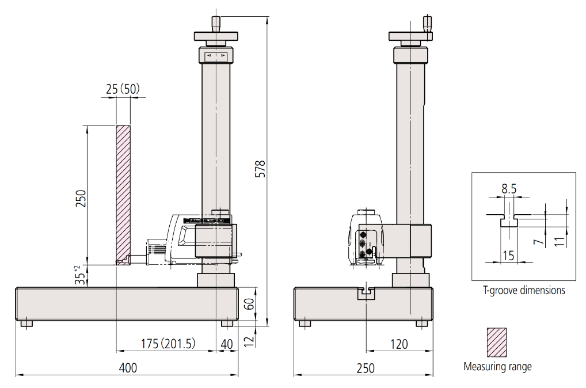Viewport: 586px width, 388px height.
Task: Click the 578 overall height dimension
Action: pos(260,169)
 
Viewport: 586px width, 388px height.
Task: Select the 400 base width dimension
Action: pos(128,368)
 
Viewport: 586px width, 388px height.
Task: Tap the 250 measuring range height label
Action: pos(81,199)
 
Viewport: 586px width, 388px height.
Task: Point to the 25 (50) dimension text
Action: pos(123,89)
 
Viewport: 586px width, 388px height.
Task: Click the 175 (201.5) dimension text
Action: pos(168,344)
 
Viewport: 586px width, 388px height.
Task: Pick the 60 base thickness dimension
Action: pos(249,303)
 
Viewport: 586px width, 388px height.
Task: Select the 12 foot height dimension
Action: pos(249,340)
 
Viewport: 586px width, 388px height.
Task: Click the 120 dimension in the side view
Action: pos(399,344)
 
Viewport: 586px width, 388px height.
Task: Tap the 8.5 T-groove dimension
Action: pos(509,189)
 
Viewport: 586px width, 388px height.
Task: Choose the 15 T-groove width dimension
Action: pos(508,256)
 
